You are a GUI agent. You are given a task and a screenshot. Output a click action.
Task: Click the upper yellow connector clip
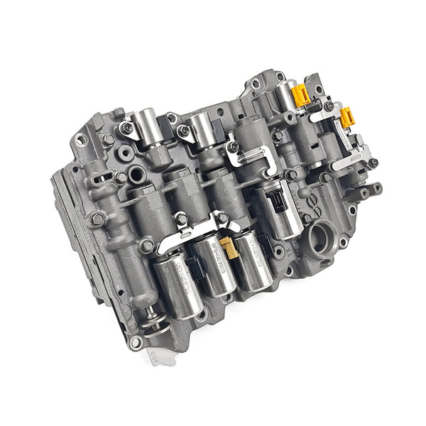pos(302,94)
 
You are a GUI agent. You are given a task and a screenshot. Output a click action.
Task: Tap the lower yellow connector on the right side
pos(347,117)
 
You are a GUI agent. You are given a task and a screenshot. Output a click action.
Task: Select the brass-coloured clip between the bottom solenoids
pos(228,246)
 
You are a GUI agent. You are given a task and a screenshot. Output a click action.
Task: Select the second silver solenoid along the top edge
pos(205,127)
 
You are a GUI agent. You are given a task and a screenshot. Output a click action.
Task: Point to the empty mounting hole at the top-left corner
pos(81,141)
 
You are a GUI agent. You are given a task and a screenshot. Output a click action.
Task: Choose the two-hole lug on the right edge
pos(370,190)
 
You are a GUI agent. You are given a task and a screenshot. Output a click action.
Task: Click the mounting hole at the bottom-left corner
pos(135,343)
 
